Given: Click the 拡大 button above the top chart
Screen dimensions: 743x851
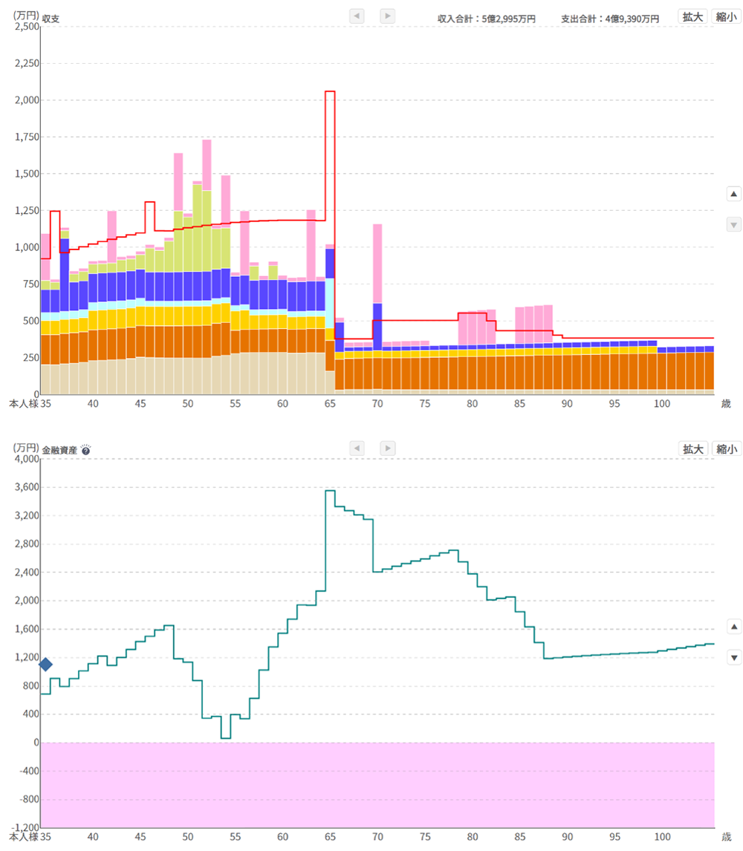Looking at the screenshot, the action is [692, 17].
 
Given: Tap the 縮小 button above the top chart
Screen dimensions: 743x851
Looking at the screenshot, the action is [726, 17].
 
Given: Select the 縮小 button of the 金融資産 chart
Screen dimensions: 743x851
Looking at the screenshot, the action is [726, 449].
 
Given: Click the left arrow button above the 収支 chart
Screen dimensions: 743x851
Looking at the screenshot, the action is [357, 16].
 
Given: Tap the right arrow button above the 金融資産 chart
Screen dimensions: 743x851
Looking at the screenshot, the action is [387, 449].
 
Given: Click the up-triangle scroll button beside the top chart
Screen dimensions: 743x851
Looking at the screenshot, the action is [734, 194].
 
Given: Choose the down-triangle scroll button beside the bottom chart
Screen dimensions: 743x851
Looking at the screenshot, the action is [734, 657].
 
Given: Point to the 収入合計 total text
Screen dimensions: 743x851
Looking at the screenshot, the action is [487, 19].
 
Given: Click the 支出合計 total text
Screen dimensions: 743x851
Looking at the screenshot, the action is [610, 19].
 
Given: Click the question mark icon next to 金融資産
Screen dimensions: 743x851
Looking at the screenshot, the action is [85, 451].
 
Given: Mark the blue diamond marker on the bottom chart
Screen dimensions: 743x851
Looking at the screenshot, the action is [45, 665].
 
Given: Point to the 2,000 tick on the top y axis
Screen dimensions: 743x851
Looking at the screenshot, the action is [27, 100].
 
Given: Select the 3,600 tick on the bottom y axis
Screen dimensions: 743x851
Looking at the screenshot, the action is [27, 487].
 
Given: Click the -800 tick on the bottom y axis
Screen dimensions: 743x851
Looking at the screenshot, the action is [29, 799].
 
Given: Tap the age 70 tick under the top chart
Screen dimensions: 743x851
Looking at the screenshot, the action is [377, 404].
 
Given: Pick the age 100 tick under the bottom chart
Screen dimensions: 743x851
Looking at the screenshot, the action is [662, 836].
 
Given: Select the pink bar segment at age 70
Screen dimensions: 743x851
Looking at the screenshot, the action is [377, 264].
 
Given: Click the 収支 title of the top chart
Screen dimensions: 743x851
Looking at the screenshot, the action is [51, 19].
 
